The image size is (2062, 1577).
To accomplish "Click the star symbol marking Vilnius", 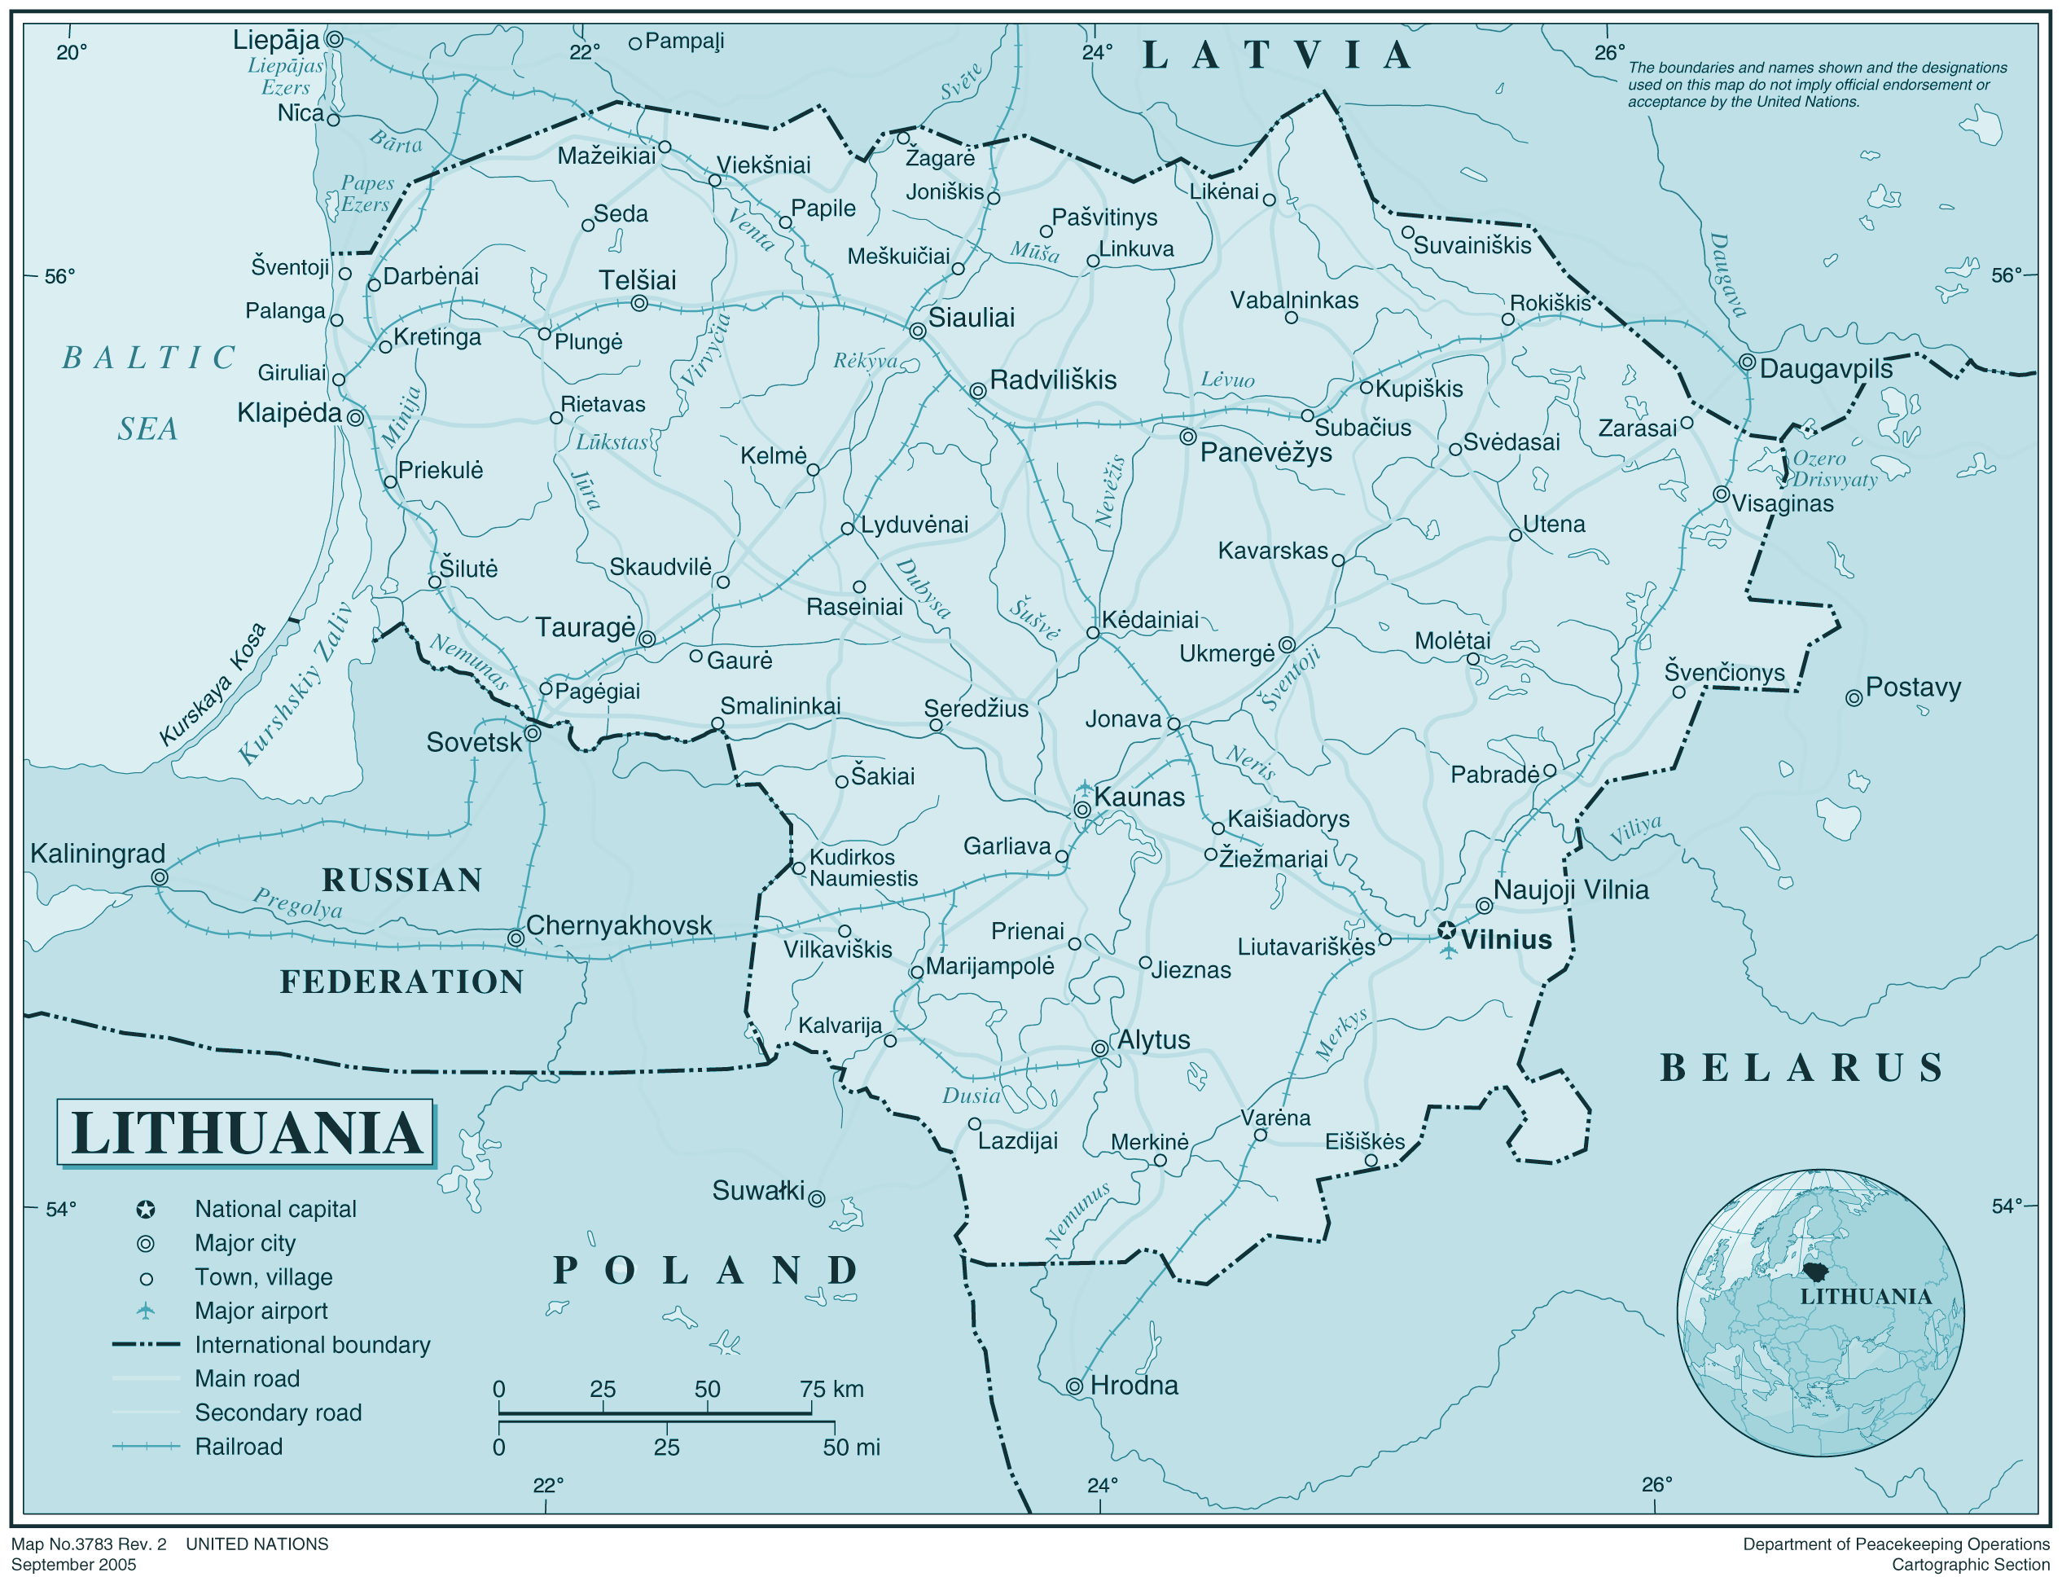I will click(x=1446, y=930).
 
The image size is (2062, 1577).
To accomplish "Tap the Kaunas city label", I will click(x=1138, y=797).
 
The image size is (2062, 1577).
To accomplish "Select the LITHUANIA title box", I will click(x=245, y=1132).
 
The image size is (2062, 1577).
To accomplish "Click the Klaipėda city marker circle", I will click(x=355, y=417).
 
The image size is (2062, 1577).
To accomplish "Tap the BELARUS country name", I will click(x=1801, y=1067).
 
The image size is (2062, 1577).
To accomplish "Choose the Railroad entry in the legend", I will click(x=239, y=1447).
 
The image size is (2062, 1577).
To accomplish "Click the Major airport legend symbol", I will click(x=146, y=1311).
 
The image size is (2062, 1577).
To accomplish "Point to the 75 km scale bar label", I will click(x=831, y=1390).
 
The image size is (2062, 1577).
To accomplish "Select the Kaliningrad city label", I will click(x=98, y=854).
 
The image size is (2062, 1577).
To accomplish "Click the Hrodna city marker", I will click(x=1075, y=1386).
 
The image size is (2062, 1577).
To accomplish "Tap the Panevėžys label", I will click(x=1266, y=452).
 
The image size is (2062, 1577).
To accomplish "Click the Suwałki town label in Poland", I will click(x=757, y=1191).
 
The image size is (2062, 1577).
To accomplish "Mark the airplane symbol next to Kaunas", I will click(x=1084, y=787).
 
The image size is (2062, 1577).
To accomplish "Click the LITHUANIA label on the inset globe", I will click(x=1865, y=1296).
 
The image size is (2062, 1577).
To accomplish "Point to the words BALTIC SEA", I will click(x=148, y=393).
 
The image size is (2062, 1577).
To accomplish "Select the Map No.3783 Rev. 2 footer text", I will click(x=89, y=1544).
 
